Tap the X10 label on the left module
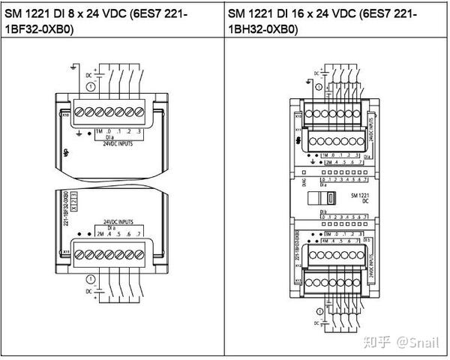67,116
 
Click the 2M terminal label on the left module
100,234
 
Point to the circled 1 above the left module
91,87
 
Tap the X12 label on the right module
298,264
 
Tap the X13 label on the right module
298,281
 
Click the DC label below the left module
88,290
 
